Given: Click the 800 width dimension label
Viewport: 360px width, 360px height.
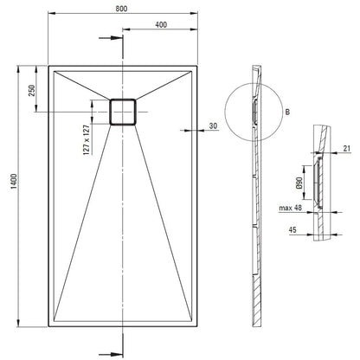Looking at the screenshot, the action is click(x=121, y=9).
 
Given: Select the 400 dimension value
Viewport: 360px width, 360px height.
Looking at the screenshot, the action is click(x=161, y=25).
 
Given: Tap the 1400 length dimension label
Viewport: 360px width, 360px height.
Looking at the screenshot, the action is click(x=14, y=182).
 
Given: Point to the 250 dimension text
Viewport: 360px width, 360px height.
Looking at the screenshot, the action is click(x=31, y=90).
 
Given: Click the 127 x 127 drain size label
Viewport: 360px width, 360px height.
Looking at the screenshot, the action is click(x=87, y=140).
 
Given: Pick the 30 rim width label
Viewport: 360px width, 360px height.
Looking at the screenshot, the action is click(x=213, y=126).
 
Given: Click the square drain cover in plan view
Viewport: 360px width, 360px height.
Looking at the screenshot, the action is click(x=123, y=112).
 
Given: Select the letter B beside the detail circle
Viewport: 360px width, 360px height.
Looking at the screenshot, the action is click(x=287, y=112).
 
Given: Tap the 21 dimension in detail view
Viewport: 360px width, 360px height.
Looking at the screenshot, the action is click(x=347, y=148).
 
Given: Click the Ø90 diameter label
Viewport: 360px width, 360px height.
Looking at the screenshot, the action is click(x=299, y=183).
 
